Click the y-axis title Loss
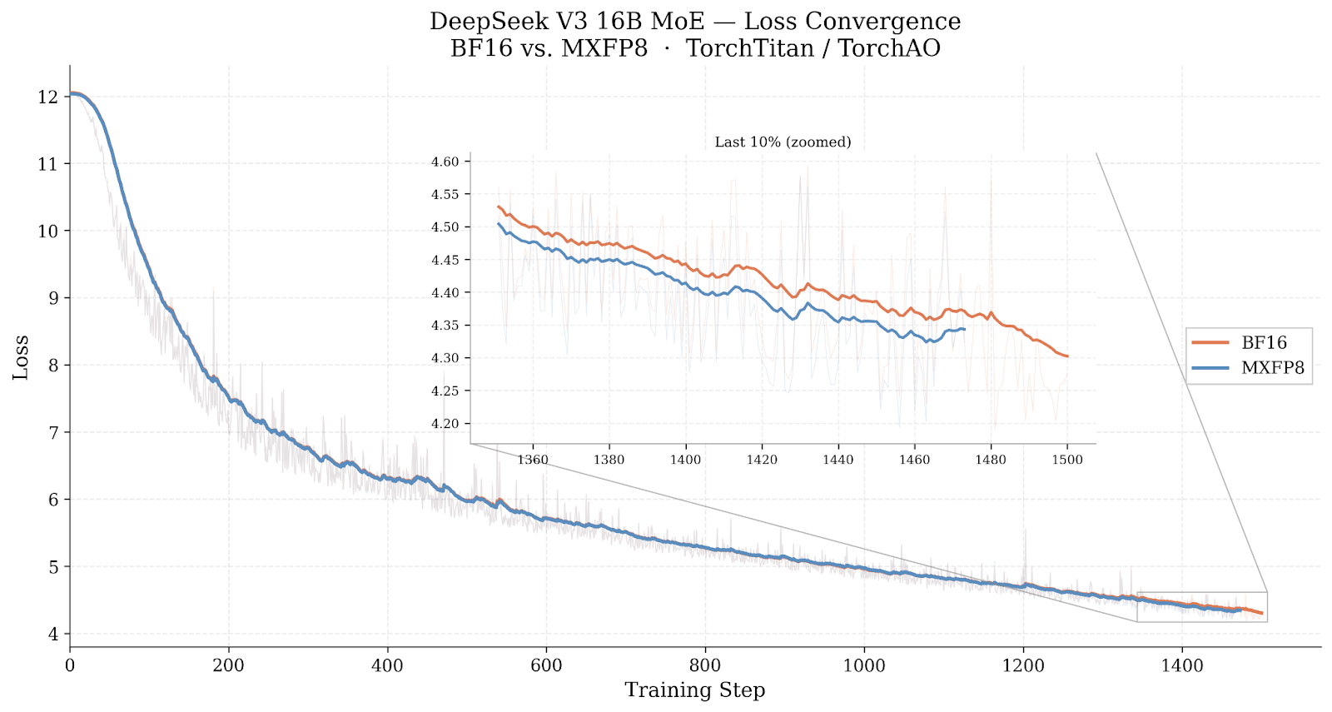[21, 357]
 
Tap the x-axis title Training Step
[694, 690]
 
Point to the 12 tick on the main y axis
[47, 97]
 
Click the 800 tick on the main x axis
[705, 665]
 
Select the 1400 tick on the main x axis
[1182, 665]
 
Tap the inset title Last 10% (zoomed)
[783, 142]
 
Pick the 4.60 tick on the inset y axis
[445, 162]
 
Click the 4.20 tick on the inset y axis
[445, 424]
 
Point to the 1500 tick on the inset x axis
[1067, 460]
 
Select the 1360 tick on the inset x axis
[533, 460]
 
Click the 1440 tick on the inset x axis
[837, 460]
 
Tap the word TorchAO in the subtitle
[888, 48]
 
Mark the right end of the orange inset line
[1067, 356]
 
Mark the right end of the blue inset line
[964, 330]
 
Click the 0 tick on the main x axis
[70, 665]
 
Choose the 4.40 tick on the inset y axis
[445, 293]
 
